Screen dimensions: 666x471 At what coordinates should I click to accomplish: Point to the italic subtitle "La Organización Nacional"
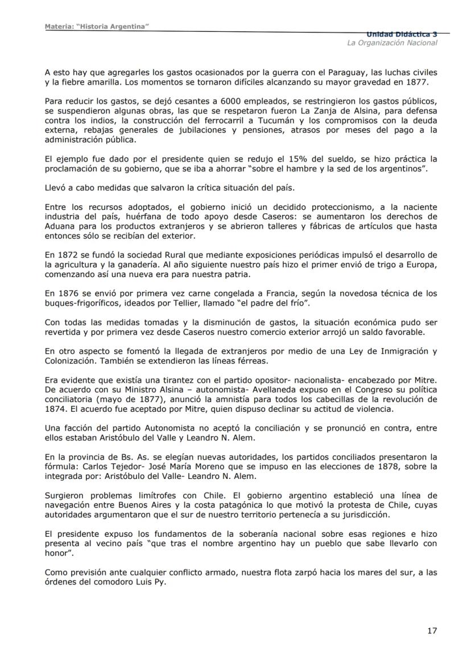point(392,43)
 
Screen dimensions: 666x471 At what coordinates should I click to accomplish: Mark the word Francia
point(243,293)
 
